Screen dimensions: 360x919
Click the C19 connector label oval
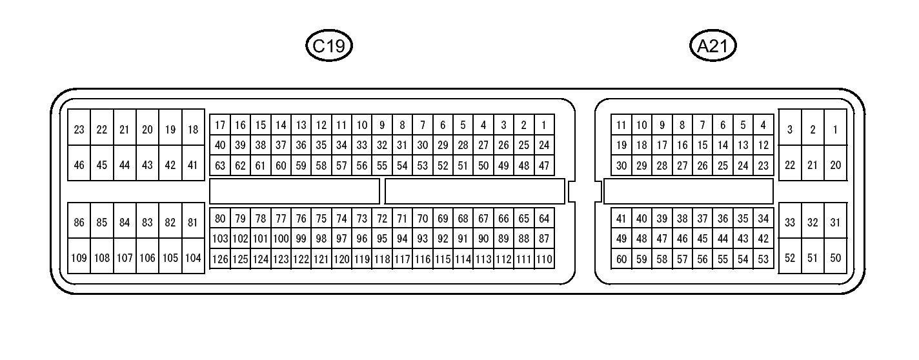tap(329, 46)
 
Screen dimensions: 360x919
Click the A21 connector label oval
tap(712, 46)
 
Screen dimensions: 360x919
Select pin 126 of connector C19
tap(220, 259)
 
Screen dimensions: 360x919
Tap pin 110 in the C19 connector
tap(544, 259)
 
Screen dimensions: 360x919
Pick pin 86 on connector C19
tap(79, 223)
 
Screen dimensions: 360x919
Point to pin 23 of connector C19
tap(79, 130)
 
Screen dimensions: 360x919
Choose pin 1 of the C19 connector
tap(544, 125)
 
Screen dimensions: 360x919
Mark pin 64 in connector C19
tap(544, 219)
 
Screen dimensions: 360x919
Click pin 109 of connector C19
tap(79, 258)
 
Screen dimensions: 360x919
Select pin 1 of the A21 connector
tap(835, 130)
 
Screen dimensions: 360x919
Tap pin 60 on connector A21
tap(621, 259)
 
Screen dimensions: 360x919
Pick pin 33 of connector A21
tap(789, 223)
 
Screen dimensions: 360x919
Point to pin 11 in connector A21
tap(621, 125)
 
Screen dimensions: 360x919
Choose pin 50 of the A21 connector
tap(835, 258)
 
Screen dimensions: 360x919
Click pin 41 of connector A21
tap(621, 219)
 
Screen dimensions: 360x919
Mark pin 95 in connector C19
tap(382, 239)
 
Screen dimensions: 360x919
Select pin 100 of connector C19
tap(281, 239)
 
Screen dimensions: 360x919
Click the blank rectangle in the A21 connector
tap(688, 191)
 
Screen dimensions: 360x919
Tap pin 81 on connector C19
tap(192, 223)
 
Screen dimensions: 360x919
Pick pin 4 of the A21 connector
tap(763, 125)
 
